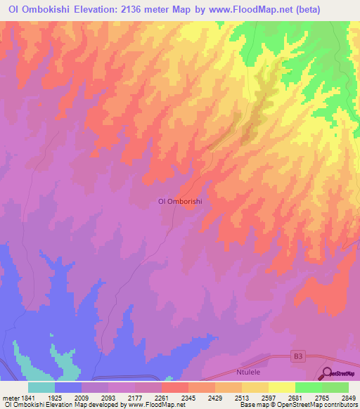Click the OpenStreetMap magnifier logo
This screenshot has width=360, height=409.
pos(328,374)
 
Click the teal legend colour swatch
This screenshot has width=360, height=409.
pos(41,387)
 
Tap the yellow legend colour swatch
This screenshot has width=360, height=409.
pos(282,387)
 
